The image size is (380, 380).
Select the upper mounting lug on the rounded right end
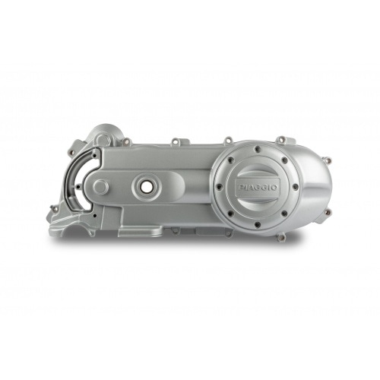[x=327, y=160]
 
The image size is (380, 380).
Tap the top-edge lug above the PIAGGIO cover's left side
[x=227, y=140]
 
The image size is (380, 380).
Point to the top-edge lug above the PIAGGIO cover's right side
[x=280, y=140]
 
